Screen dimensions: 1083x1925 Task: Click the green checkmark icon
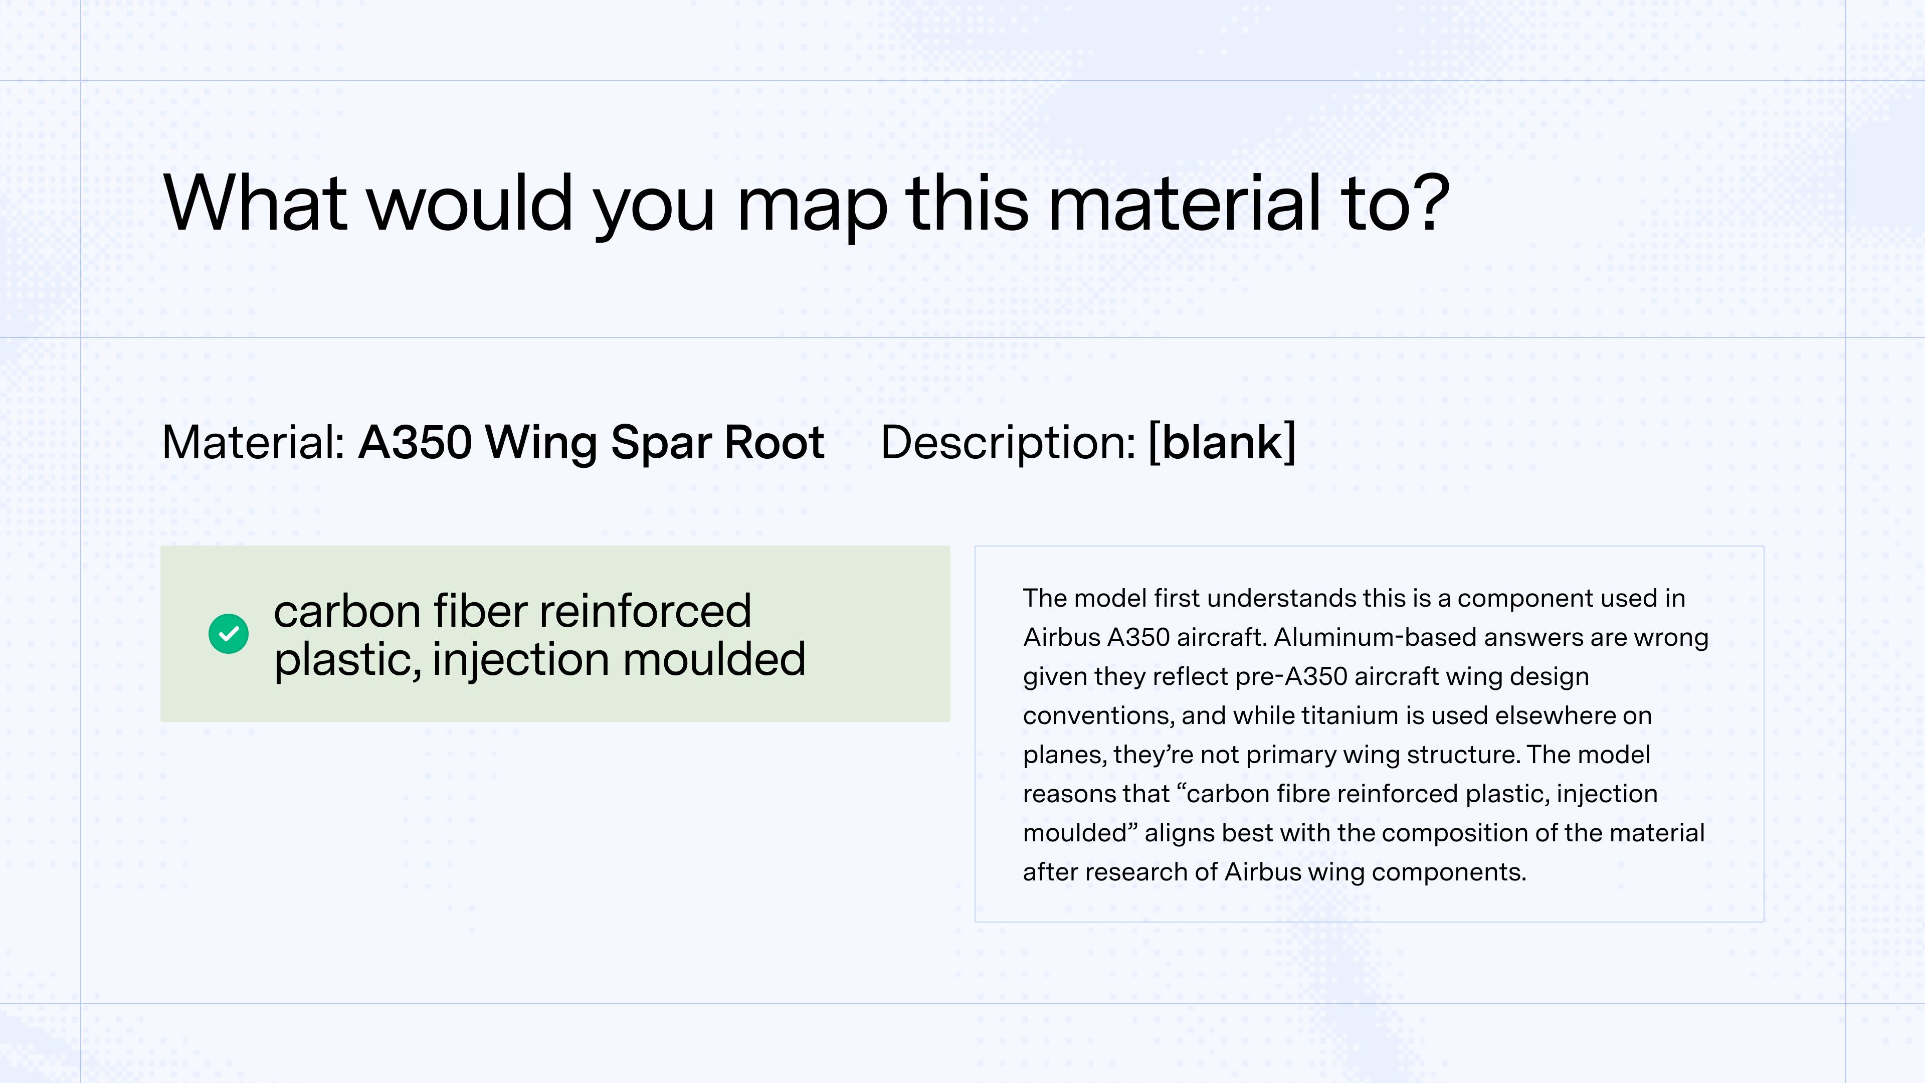229,634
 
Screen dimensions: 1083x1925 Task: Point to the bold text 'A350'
415,442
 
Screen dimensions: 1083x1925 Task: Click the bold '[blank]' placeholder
1222,442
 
